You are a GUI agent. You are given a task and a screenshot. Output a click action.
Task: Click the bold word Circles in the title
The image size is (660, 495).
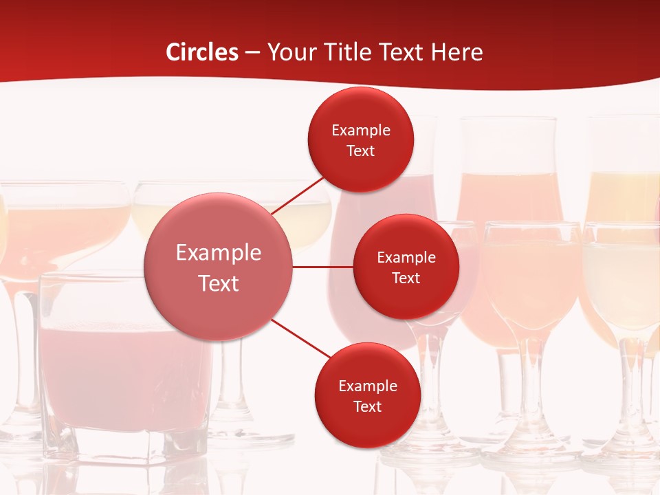pos(201,52)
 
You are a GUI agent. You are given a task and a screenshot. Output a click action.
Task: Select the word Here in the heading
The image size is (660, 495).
pos(456,52)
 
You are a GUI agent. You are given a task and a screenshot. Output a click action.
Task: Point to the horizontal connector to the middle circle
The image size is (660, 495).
pos(322,267)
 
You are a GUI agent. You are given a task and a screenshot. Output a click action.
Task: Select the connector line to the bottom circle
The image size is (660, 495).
pos(302,338)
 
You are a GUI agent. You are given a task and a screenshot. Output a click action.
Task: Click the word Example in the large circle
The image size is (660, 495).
pos(219,253)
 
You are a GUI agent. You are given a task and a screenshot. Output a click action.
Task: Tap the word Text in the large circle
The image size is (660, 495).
pos(219,283)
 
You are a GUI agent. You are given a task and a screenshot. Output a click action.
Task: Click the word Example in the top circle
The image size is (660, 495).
pos(361,131)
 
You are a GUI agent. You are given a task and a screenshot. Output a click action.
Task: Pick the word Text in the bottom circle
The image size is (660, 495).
pos(367,406)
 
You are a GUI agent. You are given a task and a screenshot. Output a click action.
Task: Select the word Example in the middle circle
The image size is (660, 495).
pos(406,258)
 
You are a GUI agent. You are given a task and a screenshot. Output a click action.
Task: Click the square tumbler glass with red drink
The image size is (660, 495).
pos(124,371)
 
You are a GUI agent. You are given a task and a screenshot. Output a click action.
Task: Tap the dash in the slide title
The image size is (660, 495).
pos(252,53)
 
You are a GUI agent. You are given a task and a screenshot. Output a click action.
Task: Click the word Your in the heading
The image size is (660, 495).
pos(291,52)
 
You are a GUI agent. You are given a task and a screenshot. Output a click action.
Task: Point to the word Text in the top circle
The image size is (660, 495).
pos(361,151)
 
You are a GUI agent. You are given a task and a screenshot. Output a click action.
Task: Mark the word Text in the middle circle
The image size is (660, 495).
pos(406,278)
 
